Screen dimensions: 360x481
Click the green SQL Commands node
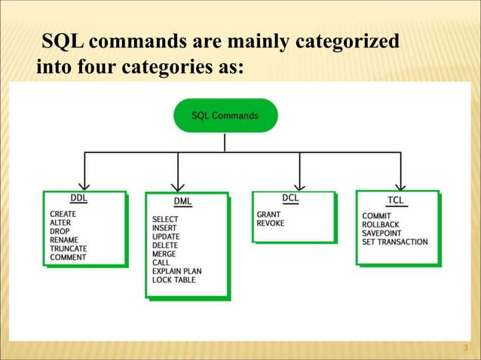[225, 116]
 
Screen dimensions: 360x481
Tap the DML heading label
[182, 201]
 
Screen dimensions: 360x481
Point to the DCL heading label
[291, 197]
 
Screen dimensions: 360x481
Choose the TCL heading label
[395, 200]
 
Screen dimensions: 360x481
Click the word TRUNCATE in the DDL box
[68, 249]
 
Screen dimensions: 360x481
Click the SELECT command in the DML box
[165, 220]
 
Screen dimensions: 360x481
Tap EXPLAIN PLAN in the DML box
[176, 271]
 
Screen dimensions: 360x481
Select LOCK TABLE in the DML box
[173, 279]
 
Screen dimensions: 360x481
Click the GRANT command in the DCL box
[268, 215]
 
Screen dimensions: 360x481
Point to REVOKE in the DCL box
[271, 223]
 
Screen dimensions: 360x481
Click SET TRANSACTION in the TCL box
[394, 242]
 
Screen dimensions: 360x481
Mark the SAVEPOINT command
[382, 233]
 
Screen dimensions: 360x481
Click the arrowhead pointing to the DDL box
[84, 183]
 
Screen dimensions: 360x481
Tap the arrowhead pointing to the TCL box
[401, 183]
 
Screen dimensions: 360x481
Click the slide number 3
[465, 348]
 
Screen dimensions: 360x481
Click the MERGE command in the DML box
[164, 254]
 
